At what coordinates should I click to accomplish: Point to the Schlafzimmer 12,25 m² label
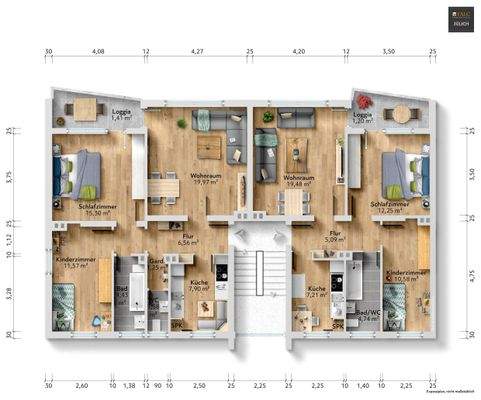coord(391,208)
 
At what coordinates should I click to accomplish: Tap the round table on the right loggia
coord(402,112)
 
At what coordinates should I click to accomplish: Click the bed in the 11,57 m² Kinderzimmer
coord(63,304)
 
